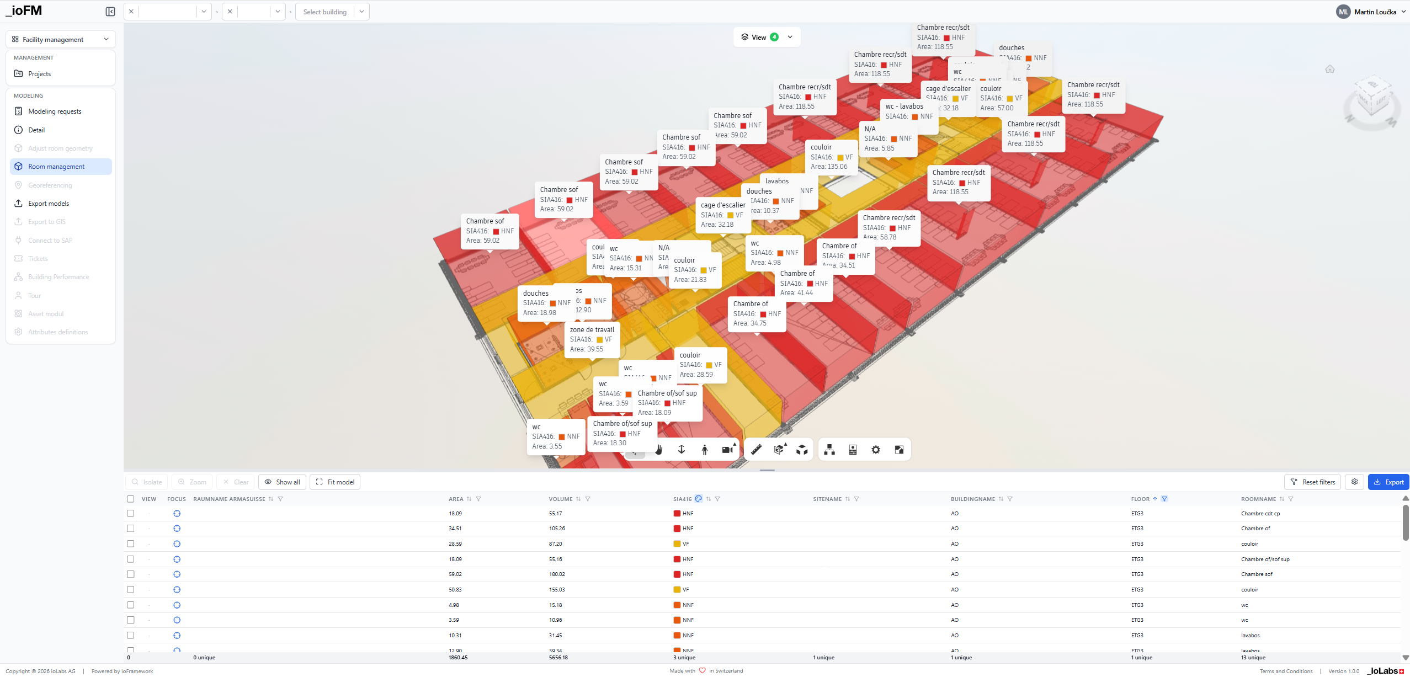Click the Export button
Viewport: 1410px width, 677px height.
[1388, 482]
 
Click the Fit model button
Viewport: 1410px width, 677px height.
[335, 482]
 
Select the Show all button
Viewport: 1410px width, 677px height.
[282, 482]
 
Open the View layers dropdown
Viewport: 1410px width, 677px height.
[767, 37]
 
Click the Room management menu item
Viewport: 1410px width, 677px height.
[56, 167]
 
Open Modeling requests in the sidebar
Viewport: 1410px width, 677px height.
[55, 111]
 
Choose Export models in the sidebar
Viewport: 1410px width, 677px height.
[49, 204]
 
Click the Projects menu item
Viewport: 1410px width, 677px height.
[39, 74]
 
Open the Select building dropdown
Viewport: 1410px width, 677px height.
[332, 12]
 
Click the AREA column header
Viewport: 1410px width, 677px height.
[456, 499]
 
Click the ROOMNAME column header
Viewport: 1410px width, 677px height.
[1258, 499]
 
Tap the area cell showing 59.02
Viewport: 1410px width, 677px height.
[455, 574]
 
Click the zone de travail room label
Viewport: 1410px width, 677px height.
[592, 330]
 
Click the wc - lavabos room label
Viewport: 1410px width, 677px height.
[904, 106]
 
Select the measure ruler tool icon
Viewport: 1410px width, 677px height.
[756, 450]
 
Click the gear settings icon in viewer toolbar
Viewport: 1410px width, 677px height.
[876, 450]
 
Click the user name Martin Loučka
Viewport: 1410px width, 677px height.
[1375, 12]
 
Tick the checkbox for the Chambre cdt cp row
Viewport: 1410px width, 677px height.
[131, 513]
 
